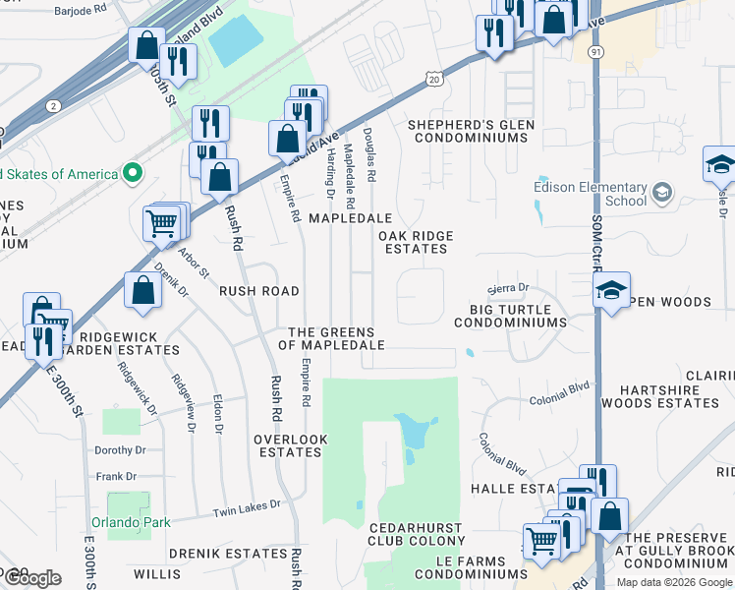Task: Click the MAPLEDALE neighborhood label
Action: (x=351, y=217)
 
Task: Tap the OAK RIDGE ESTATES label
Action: (x=414, y=242)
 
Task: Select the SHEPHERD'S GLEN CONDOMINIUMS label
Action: (x=470, y=131)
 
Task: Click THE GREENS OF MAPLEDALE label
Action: (x=331, y=338)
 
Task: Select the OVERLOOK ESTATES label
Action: (x=288, y=445)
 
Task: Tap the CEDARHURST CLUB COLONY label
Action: (x=416, y=533)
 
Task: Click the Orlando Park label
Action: (x=131, y=522)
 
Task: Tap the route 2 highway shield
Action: (x=53, y=105)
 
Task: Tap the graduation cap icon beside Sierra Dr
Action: (x=611, y=290)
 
